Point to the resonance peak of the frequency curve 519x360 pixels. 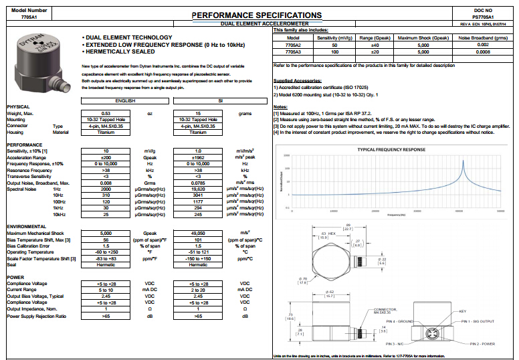pyautogui.click(x=461, y=163)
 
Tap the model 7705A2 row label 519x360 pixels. pyautogui.click(x=293, y=44)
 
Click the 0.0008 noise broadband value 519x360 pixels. pyautogui.click(x=483, y=51)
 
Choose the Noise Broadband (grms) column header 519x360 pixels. pyautogui.click(x=483, y=38)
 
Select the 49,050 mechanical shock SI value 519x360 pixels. pyautogui.click(x=199, y=232)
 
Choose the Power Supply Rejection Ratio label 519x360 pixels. pyautogui.click(x=37, y=316)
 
